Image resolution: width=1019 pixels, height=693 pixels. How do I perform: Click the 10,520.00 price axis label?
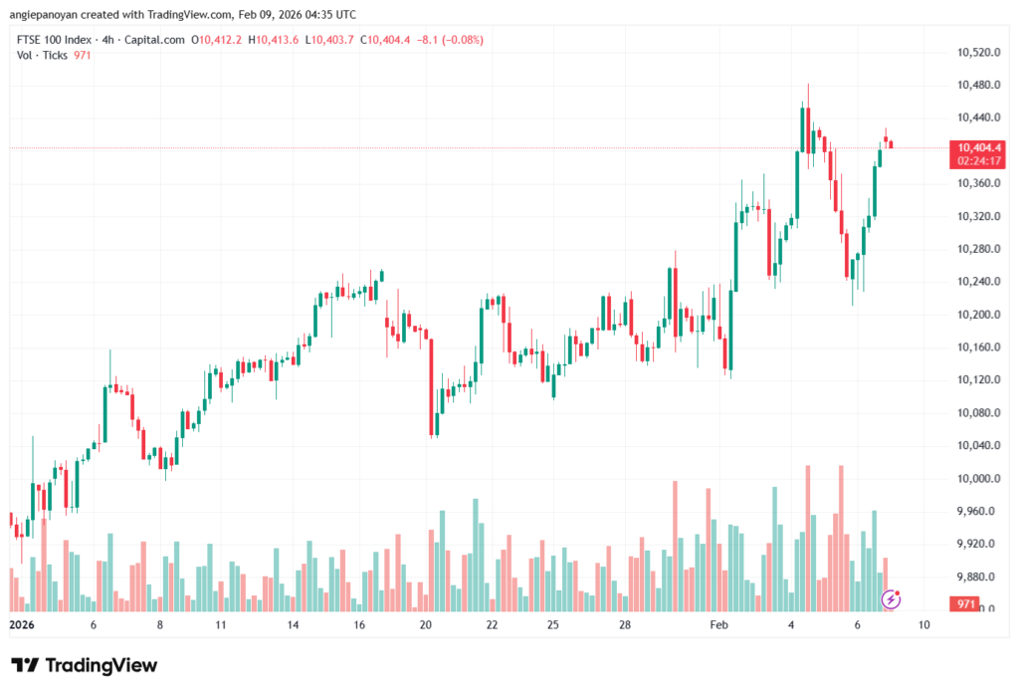click(976, 52)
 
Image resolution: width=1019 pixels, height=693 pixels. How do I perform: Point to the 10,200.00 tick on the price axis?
click(976, 315)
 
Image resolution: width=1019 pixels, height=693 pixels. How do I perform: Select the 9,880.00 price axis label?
click(976, 577)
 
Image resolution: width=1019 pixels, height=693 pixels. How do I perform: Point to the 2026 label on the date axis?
click(22, 625)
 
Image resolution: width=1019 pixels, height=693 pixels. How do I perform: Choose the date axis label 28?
click(624, 625)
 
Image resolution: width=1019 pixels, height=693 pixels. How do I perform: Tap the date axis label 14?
click(294, 625)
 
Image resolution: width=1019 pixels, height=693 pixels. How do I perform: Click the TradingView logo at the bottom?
click(85, 665)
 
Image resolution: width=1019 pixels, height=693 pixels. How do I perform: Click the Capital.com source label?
click(156, 40)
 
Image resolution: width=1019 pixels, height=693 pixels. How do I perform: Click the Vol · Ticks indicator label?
click(42, 56)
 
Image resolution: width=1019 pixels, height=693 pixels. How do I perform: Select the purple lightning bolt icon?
click(892, 599)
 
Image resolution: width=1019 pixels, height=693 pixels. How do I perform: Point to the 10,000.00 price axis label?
click(976, 478)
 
